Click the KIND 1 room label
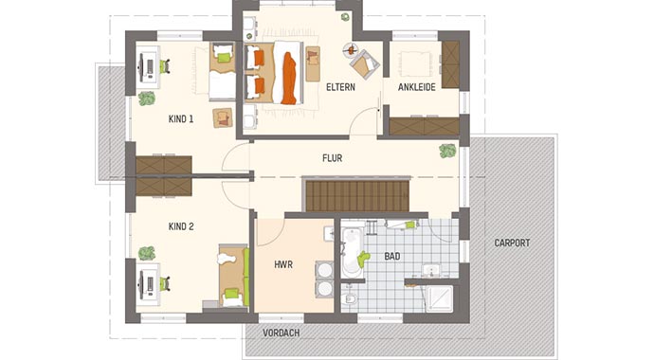(x=180, y=119)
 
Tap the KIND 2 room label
(x=180, y=226)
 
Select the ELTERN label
(x=340, y=87)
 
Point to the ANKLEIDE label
(x=417, y=87)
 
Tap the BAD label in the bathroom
(x=392, y=257)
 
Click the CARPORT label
(x=512, y=243)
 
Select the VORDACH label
(x=281, y=333)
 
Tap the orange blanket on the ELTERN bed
(x=289, y=75)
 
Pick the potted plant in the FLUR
(x=446, y=151)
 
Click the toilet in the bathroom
(x=351, y=299)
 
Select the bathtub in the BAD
(x=352, y=251)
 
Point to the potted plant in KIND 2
(x=147, y=253)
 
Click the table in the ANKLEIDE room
(x=417, y=63)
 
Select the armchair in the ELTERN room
(x=364, y=63)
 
